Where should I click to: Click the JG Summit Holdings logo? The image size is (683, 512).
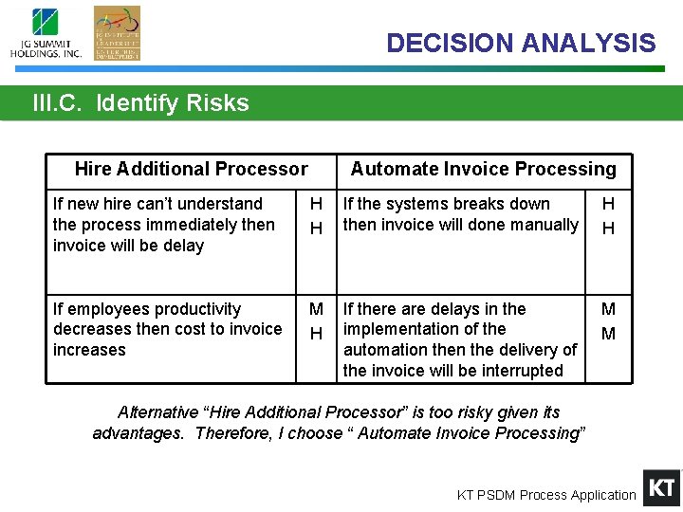[x=46, y=34]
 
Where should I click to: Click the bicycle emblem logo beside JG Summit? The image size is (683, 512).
[x=117, y=33]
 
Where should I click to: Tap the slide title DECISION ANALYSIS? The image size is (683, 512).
[x=520, y=43]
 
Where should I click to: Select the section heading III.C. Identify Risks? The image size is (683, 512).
[x=140, y=103]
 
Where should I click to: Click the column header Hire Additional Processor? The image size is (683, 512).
[x=191, y=169]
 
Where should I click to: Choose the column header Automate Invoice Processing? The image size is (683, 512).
[x=483, y=169]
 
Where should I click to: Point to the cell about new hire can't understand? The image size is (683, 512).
[x=163, y=225]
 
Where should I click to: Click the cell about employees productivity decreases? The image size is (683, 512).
[x=167, y=329]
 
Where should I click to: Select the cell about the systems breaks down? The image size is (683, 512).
[x=460, y=214]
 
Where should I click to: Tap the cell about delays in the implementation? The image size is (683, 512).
[x=459, y=339]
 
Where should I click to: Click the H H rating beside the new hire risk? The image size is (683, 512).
[x=317, y=216]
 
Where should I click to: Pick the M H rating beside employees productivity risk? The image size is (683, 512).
[x=317, y=321]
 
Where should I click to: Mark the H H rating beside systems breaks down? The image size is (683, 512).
[x=608, y=216]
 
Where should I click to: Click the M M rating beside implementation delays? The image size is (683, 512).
[x=608, y=321]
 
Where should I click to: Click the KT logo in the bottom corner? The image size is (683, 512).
[x=661, y=488]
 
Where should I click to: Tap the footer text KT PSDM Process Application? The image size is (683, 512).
[x=546, y=495]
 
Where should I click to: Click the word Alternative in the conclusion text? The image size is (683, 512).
[x=157, y=412]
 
